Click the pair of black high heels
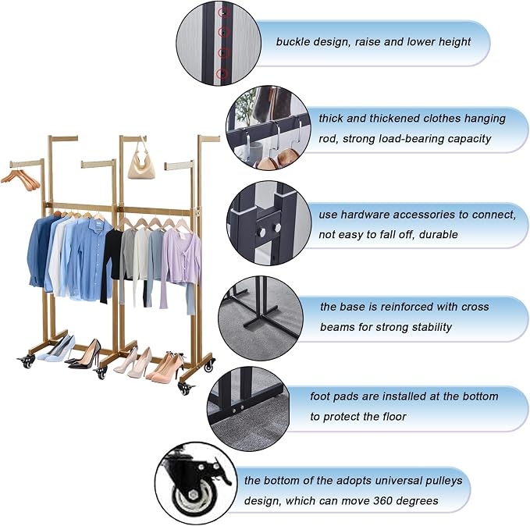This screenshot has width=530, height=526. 85,354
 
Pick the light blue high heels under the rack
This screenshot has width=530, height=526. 56,348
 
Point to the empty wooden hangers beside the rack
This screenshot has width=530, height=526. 21,179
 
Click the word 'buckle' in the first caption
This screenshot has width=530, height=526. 293,41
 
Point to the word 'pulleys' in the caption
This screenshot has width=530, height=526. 443,481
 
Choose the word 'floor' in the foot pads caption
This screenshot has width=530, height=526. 394,417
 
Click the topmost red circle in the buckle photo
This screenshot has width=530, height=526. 223,12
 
